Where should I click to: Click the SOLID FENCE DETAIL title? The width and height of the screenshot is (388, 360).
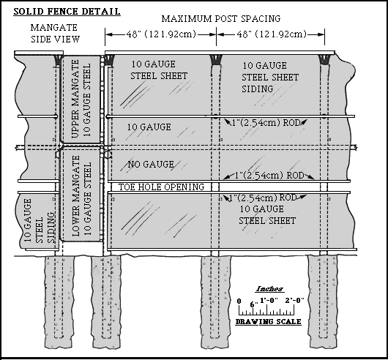(67, 12)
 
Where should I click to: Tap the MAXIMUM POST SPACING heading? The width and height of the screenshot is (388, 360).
(221, 19)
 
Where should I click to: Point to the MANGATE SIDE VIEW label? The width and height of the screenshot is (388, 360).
(55, 34)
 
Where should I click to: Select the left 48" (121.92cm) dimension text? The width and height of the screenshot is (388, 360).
(161, 34)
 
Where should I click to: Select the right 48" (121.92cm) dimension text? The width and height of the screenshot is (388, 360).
(272, 34)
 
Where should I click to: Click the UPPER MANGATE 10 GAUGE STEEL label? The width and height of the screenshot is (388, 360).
(81, 99)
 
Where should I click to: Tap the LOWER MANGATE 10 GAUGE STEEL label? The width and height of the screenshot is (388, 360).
(81, 196)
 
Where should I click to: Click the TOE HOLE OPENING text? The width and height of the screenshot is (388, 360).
(161, 187)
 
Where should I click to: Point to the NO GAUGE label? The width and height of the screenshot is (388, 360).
(151, 164)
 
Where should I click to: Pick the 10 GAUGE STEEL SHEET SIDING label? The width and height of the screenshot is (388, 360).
(270, 78)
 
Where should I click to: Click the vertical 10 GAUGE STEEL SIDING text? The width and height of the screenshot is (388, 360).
(40, 221)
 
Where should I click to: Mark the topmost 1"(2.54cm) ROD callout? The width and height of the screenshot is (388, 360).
(266, 123)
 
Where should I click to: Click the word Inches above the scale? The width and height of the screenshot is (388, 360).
(269, 288)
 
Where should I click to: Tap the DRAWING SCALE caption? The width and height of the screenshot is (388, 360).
(268, 322)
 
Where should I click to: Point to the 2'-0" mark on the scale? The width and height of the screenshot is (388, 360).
(294, 301)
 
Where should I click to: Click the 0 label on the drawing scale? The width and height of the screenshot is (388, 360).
(239, 301)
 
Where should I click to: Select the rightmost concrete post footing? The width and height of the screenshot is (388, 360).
(323, 301)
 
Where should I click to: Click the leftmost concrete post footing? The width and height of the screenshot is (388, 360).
(59, 302)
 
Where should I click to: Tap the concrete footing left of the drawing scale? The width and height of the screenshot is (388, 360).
(216, 302)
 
